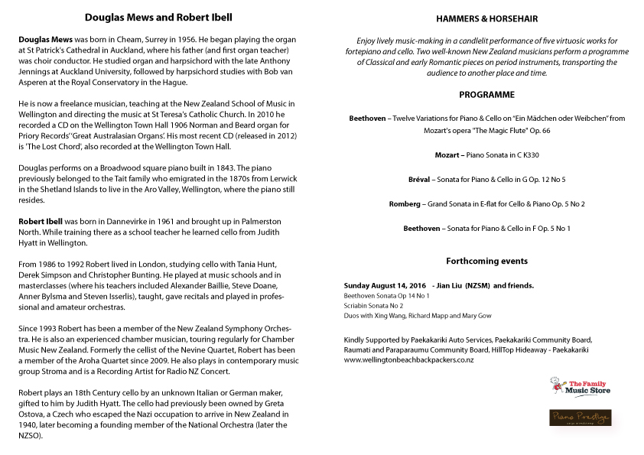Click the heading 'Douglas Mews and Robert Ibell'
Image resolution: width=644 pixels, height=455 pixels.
click(x=158, y=17)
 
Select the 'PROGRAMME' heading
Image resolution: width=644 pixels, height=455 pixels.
click(x=486, y=95)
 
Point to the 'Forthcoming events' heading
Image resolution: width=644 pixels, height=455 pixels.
click(x=486, y=261)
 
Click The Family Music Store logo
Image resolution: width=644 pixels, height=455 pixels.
click(x=581, y=386)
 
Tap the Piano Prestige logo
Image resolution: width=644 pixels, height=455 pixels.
click(x=581, y=418)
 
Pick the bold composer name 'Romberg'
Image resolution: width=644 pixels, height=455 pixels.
click(x=406, y=203)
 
